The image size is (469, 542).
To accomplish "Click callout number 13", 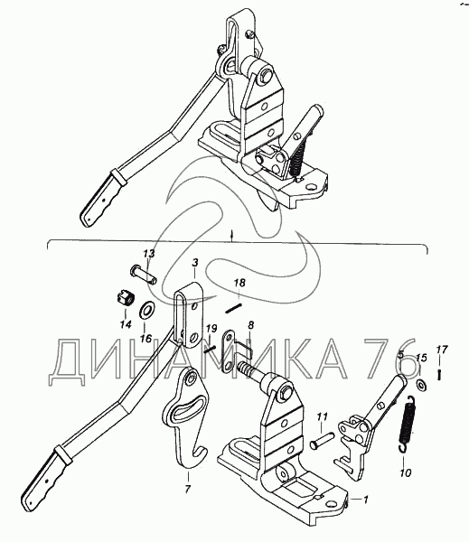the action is tap(149, 253).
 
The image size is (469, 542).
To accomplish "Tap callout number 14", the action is tap(126, 324).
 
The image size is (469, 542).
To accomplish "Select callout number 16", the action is tap(146, 339).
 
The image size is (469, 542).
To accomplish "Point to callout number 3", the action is tap(194, 263).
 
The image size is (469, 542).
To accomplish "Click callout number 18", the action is tap(239, 283).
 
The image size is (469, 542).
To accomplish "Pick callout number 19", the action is tap(211, 328).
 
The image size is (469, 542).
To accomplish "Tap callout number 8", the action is tap(250, 325).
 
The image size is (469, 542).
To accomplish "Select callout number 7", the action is tap(187, 489).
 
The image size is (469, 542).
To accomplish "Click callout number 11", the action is tap(322, 417).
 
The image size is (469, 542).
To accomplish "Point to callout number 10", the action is tap(406, 472).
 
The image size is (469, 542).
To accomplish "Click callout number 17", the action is tap(442, 350).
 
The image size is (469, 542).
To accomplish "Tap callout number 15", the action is tap(421, 358).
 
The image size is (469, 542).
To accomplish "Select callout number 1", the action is tap(365, 500).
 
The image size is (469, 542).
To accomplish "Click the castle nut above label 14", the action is tap(125, 300).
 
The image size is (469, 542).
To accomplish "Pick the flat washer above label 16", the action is tap(147, 306).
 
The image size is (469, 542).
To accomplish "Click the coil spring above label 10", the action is tap(407, 424).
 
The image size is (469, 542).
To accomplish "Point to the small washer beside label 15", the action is tap(421, 384).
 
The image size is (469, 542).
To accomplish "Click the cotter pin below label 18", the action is tap(233, 308).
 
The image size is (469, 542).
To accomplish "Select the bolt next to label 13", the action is tap(143, 276).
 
